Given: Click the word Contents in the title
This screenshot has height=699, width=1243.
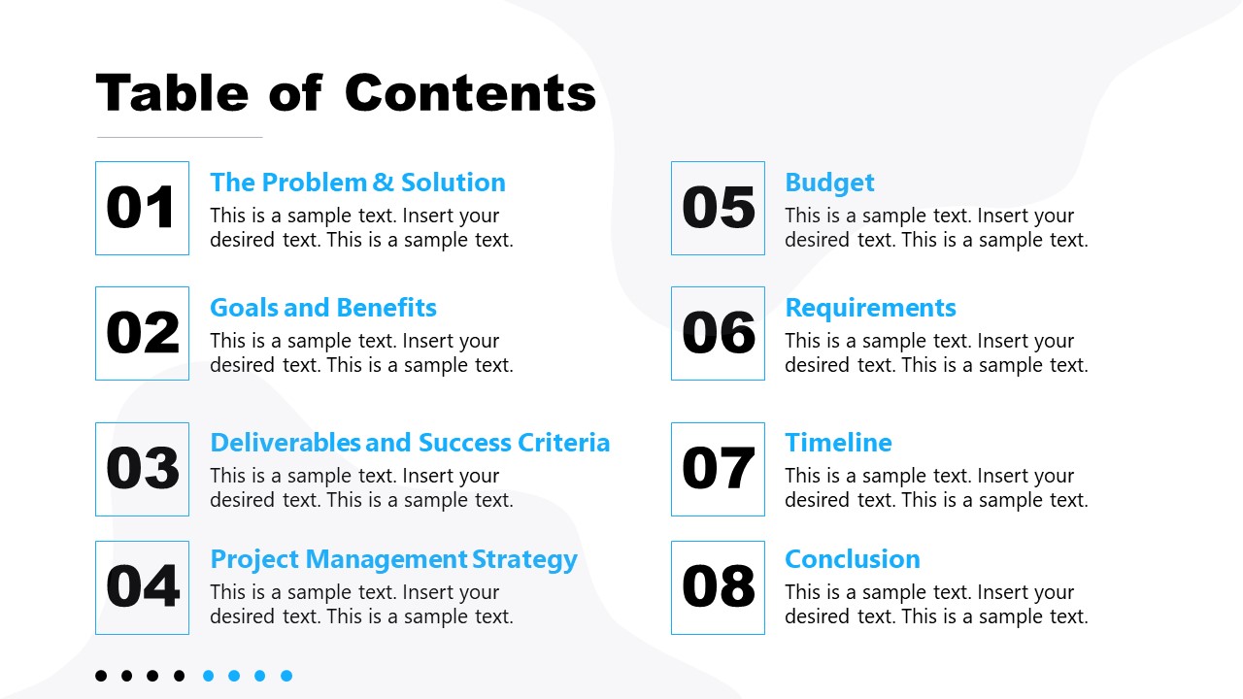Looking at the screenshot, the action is [x=471, y=92].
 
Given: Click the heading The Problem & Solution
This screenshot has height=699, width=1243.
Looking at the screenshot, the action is [x=358, y=183].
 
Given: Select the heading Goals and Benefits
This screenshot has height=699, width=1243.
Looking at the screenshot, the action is [x=323, y=309].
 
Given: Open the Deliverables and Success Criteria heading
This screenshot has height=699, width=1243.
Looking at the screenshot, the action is [x=410, y=443].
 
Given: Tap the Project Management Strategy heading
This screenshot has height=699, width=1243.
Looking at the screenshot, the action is [x=394, y=560].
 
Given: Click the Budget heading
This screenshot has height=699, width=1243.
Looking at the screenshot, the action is [x=829, y=183].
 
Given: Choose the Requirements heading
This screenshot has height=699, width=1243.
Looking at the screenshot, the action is [x=871, y=309].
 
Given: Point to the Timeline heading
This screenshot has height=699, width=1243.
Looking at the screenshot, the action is [x=838, y=443].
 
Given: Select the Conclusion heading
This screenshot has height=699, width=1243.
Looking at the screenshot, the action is [x=853, y=559].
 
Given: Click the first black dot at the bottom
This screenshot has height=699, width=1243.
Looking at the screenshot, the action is [x=101, y=676].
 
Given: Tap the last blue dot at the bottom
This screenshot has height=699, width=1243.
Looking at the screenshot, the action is [x=286, y=676].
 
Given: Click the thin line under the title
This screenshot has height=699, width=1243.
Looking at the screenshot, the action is [x=180, y=137].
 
